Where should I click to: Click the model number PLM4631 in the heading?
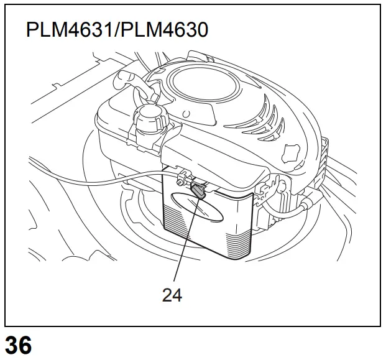click(x=69, y=30)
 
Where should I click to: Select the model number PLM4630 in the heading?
click(x=165, y=30)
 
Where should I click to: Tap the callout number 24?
click(x=172, y=295)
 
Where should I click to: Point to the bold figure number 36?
click(x=18, y=345)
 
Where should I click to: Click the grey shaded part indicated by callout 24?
click(x=198, y=192)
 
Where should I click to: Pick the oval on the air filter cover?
click(x=197, y=207)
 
